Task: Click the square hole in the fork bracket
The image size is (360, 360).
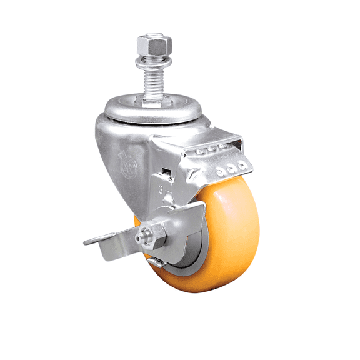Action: click(166, 172)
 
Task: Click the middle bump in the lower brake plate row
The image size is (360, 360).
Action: click(232, 168)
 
